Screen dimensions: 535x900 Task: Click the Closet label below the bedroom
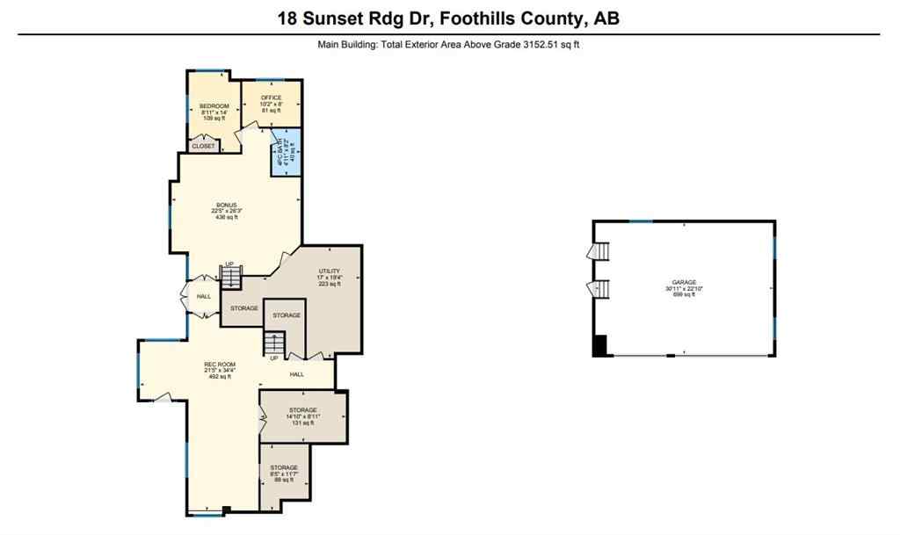point(203,146)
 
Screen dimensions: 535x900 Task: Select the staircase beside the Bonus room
point(229,278)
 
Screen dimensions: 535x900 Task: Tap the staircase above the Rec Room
point(275,343)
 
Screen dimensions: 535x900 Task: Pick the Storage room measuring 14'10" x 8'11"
point(302,416)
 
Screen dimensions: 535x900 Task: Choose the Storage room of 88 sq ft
point(284,473)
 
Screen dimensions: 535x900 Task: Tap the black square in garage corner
point(600,346)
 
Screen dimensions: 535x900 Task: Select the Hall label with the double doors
point(204,297)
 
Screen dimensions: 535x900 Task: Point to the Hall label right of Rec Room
point(297,374)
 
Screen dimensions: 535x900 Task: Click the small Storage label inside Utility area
point(287,315)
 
